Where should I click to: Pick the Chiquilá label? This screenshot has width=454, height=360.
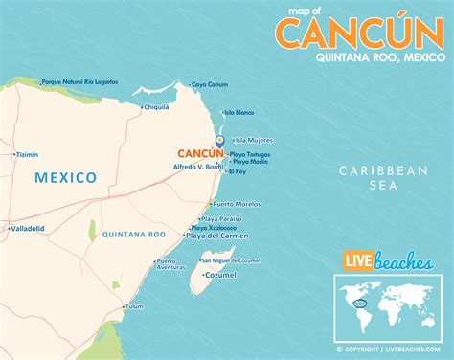(x=156, y=108)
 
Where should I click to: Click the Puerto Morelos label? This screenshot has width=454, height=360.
(x=237, y=203)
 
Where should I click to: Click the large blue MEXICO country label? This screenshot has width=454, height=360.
(x=65, y=177)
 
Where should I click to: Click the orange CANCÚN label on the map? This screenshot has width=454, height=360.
(x=198, y=152)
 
